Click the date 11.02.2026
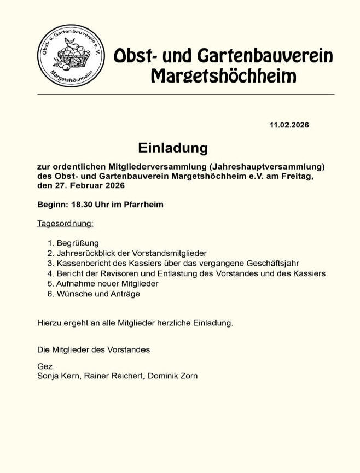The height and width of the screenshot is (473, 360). coord(289,125)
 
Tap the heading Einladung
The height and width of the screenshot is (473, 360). coord(173,148)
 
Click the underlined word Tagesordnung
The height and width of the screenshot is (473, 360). coord(65,223)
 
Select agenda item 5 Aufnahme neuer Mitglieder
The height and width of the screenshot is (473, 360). coord(107,284)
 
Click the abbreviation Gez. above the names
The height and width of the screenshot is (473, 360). coord(46,366)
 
